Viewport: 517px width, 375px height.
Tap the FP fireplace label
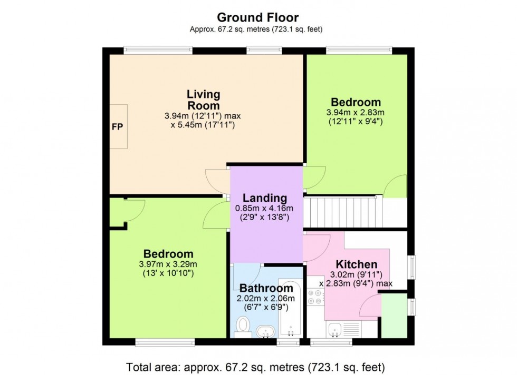coord(117,127)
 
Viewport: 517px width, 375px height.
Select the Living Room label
coord(203,100)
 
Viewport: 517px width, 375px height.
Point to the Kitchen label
coord(357,264)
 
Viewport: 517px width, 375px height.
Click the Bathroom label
coord(266,288)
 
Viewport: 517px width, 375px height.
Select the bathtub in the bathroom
coord(290,308)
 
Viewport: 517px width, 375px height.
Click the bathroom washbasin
coord(265,332)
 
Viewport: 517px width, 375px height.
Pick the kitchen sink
coord(336,330)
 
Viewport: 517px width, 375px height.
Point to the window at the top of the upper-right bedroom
coord(359,50)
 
